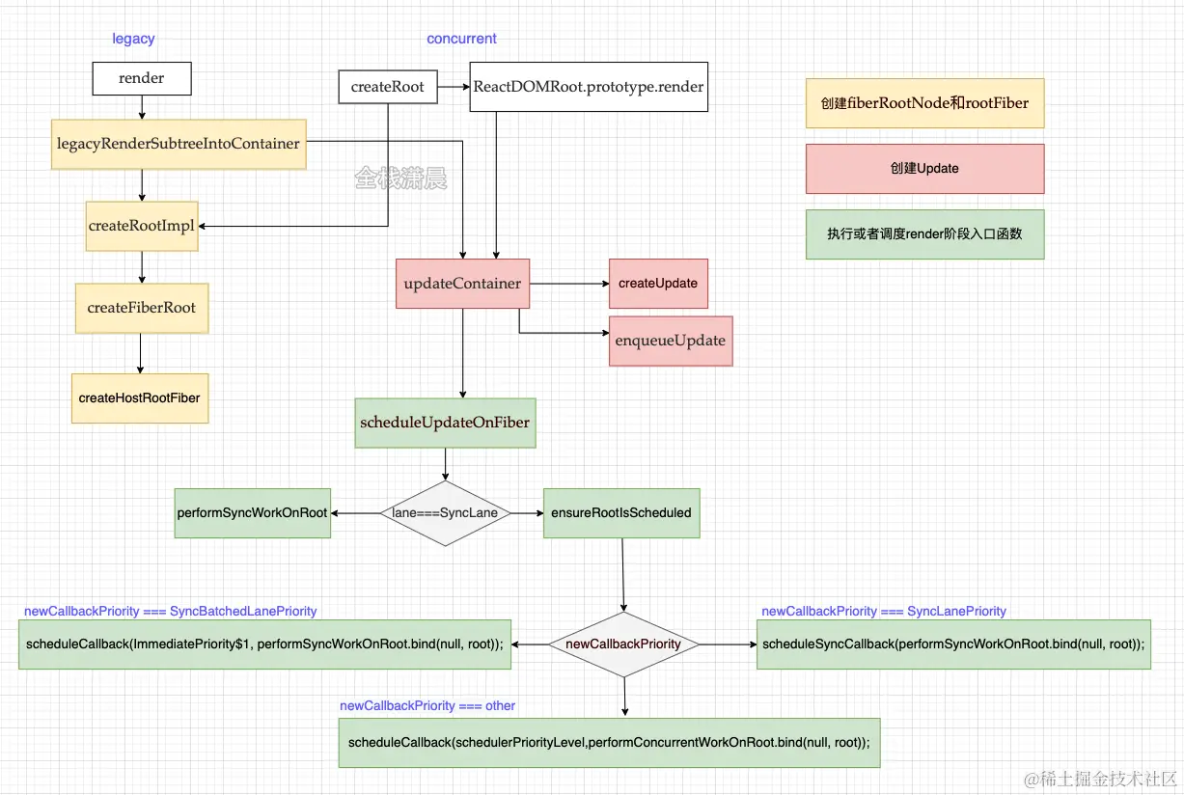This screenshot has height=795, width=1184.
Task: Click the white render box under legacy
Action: (x=142, y=79)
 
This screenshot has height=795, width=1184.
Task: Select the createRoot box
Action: (x=387, y=87)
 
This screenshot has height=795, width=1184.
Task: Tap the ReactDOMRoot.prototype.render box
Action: (x=589, y=87)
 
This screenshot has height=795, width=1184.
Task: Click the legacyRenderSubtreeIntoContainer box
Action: (x=179, y=145)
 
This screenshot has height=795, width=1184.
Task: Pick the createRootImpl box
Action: (x=141, y=226)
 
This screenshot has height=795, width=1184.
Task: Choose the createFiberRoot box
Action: (x=141, y=308)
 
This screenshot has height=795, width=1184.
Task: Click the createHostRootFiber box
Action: (x=140, y=397)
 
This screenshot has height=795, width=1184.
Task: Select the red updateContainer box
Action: (x=462, y=284)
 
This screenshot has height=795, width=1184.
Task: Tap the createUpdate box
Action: (x=658, y=284)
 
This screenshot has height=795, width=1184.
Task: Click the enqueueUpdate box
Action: (x=671, y=341)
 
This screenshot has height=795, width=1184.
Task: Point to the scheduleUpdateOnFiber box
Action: (x=445, y=423)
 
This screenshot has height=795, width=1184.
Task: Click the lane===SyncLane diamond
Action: (x=445, y=513)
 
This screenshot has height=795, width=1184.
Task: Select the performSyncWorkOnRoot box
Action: (x=252, y=513)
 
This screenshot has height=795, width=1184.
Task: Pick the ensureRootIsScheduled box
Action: (x=621, y=513)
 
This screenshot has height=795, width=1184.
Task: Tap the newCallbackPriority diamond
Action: (x=623, y=644)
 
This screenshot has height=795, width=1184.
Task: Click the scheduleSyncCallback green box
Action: (x=954, y=644)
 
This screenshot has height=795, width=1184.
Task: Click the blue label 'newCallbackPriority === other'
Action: (x=427, y=706)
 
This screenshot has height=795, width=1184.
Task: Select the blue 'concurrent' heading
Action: (x=461, y=39)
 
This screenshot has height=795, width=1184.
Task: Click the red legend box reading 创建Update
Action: (x=924, y=169)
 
